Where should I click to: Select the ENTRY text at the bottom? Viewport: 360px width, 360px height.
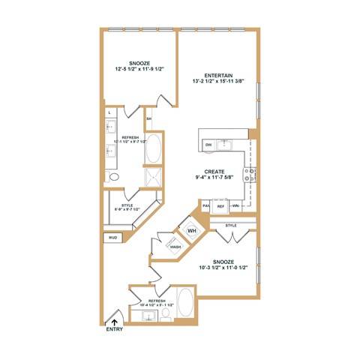tap(115, 329)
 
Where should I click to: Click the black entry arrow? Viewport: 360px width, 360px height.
tap(114, 320)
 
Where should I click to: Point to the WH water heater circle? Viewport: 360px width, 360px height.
tap(192, 230)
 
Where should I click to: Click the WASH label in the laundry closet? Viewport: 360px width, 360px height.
tap(175, 247)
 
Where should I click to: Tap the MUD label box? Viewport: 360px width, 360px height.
tap(113, 238)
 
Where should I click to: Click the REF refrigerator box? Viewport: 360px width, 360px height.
tap(220, 205)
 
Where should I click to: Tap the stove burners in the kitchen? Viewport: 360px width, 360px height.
tap(249, 175)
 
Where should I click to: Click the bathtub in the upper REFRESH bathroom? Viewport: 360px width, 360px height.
tap(154, 149)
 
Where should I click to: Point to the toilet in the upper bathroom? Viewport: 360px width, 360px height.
tap(113, 177)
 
